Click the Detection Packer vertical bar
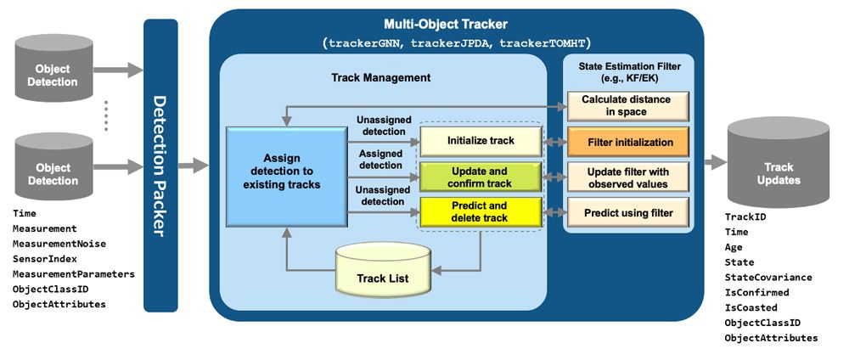click(x=160, y=166)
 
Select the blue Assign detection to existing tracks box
click(x=286, y=176)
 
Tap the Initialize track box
click(x=481, y=141)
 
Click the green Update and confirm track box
click(x=481, y=177)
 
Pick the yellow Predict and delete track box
click(x=481, y=211)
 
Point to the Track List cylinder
click(x=383, y=266)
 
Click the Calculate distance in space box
click(x=627, y=106)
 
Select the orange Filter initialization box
click(x=627, y=142)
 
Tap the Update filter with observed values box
click(x=627, y=177)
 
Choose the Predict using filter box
click(x=627, y=213)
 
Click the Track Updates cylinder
click(x=778, y=163)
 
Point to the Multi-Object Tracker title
click(x=446, y=25)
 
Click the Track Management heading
click(x=380, y=77)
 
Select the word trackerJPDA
click(x=451, y=42)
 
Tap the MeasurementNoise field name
click(x=59, y=245)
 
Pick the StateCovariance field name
click(x=768, y=278)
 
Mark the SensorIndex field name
click(x=45, y=259)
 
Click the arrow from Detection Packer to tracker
click(x=194, y=166)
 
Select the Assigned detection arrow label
click(x=380, y=159)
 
